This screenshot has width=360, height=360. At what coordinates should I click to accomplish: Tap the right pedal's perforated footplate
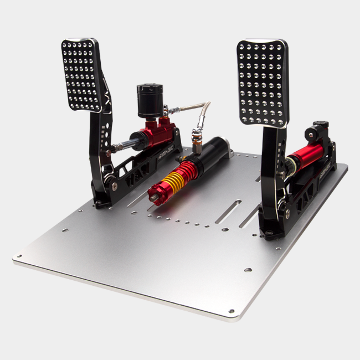pyautogui.click(x=263, y=80)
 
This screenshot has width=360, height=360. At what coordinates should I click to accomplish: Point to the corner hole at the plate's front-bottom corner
pyautogui.click(x=231, y=311)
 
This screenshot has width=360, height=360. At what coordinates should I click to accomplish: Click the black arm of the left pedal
pyautogui.click(x=103, y=138)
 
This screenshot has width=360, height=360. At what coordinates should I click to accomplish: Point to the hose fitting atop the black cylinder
pyautogui.click(x=195, y=135)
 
